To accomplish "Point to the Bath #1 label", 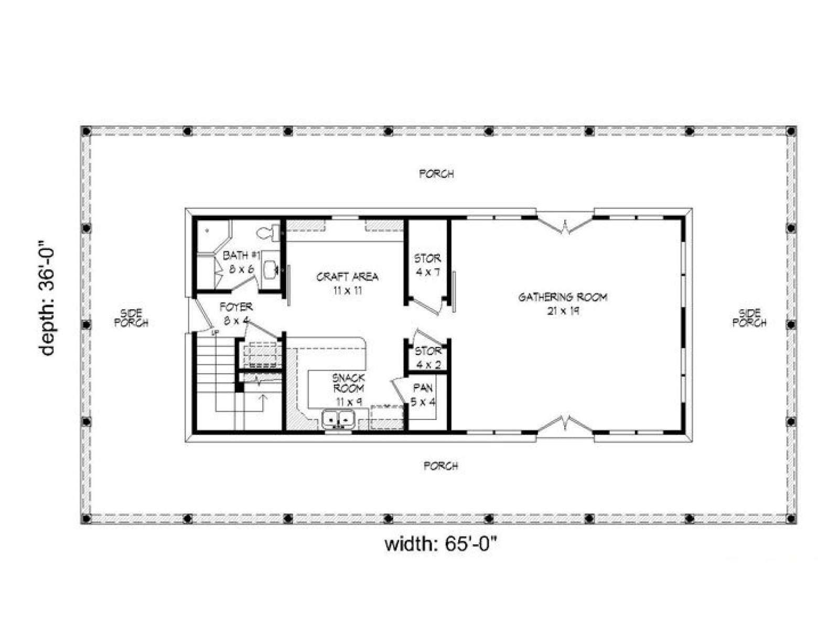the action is coord(242,262).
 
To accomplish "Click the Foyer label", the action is coord(236,313).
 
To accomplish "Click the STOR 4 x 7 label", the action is coord(428,266).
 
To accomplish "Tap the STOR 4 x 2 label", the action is coord(428,358).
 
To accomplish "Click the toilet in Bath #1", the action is coord(268,233).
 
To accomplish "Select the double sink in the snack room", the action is coord(338,420).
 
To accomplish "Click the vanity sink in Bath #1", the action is coord(271,269).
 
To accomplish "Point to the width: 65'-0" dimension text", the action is coord(442,544).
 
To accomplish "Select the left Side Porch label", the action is coord(132,318).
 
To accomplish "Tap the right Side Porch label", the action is coord(749,318).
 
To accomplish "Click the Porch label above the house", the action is coord(436,174).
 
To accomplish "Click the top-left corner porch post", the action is coord(87,131).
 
